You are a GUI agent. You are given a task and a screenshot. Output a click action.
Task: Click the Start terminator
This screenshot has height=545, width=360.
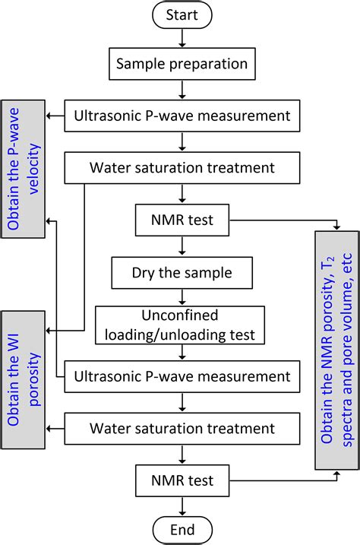[182, 15]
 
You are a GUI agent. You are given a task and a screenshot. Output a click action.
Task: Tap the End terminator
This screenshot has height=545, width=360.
[182, 529]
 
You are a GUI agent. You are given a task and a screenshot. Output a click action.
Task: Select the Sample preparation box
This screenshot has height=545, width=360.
[182, 65]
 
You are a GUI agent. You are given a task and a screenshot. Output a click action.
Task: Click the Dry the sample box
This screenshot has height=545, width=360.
[182, 271]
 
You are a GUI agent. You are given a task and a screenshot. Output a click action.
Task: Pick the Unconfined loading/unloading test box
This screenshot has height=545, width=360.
[182, 323]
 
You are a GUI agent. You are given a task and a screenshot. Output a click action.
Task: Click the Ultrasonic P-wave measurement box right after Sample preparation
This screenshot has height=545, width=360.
[182, 116]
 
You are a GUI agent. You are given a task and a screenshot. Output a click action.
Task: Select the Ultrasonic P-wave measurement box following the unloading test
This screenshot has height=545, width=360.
[182, 375]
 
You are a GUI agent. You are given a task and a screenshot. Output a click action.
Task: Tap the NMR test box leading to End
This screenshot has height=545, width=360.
[182, 480]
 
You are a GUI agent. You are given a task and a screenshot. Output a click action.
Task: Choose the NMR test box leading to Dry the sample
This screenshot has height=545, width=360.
[182, 220]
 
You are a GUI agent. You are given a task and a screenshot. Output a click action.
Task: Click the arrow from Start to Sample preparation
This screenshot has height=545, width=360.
[182, 40]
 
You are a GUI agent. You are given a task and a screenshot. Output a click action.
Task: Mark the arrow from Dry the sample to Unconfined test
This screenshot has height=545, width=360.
[182, 296]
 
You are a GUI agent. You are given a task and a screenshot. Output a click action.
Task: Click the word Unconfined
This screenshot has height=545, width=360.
[182, 315]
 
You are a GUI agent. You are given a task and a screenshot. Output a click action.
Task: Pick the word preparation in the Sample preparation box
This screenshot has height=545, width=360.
[205, 66]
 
